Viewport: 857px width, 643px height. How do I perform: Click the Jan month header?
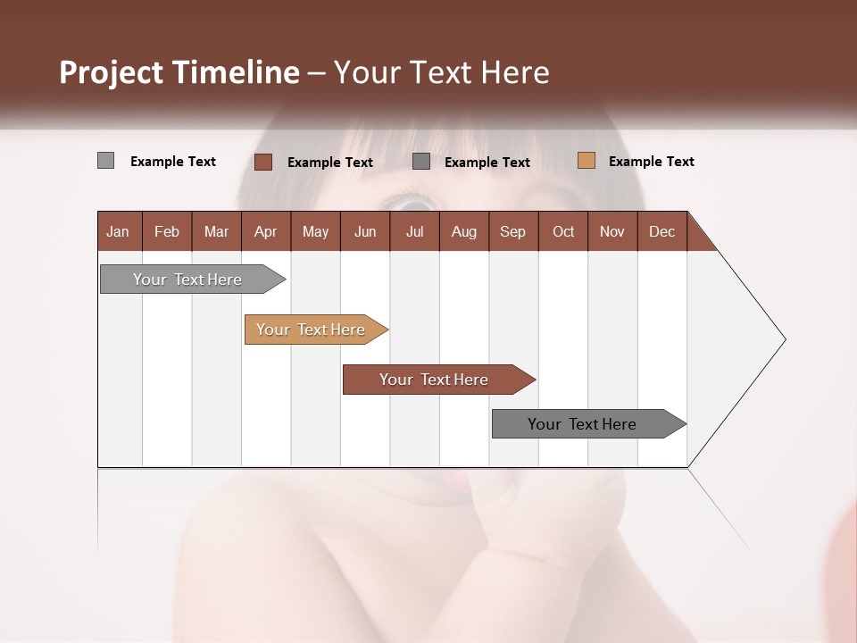[118, 231]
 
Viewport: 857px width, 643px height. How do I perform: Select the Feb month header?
[167, 231]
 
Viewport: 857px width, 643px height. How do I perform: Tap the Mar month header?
[216, 231]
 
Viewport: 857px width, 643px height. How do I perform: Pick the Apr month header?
[265, 231]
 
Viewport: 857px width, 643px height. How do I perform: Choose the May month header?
[315, 231]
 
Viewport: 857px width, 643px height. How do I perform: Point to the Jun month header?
[365, 231]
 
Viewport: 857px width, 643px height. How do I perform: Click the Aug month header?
[463, 231]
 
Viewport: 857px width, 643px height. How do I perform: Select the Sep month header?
[512, 231]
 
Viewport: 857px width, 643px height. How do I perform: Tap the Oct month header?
[563, 231]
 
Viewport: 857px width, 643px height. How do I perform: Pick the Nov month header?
[612, 231]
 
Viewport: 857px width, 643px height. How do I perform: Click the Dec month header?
[661, 231]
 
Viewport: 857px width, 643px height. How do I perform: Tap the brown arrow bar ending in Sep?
[435, 380]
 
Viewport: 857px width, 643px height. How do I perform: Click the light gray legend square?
[105, 161]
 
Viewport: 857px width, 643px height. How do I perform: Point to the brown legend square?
[263, 162]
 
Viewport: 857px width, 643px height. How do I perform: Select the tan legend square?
[586, 161]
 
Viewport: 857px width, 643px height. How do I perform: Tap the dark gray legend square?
[421, 162]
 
